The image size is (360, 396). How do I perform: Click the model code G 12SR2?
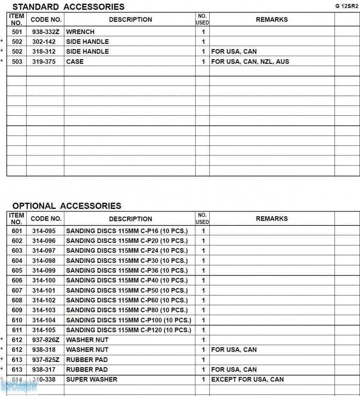tap(346, 6)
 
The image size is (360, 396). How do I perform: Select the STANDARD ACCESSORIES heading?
tap(68, 7)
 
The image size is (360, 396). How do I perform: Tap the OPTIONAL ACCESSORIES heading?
tap(66, 206)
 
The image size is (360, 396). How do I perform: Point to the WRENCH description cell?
tap(80, 32)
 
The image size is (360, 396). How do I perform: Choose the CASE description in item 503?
tap(75, 61)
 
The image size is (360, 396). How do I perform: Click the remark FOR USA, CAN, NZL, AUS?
tap(250, 61)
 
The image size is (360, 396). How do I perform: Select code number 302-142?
tap(44, 42)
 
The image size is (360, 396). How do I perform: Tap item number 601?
tap(17, 231)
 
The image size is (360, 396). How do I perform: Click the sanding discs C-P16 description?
tap(127, 231)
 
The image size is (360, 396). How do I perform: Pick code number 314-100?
tap(44, 280)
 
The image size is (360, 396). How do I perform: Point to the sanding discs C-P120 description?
tap(129, 330)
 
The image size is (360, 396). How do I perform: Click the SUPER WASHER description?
tap(92, 379)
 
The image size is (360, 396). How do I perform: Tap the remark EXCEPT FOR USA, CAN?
tap(247, 379)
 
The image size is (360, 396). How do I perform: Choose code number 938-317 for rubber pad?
tap(44, 370)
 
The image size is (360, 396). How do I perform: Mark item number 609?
tap(17, 310)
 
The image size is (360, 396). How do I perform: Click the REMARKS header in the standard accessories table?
tap(272, 19)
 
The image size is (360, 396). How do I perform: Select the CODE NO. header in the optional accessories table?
tap(46, 218)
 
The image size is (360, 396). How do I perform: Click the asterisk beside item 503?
tap(2, 61)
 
